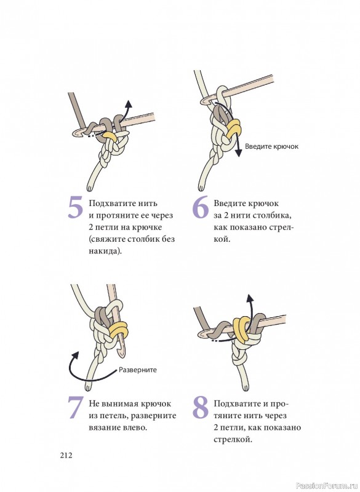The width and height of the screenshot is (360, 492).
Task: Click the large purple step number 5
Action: [x=76, y=207]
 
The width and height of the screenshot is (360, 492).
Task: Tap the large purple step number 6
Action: [x=201, y=207]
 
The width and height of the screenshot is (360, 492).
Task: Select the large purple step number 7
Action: [x=76, y=407]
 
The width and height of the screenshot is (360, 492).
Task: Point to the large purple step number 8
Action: [x=201, y=407]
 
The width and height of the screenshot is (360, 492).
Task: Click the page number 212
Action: [x=66, y=455]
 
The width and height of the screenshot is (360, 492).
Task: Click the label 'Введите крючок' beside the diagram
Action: [x=271, y=146]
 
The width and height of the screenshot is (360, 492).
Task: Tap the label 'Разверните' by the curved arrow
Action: [x=137, y=370]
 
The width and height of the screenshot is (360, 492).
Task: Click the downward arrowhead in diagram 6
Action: [x=239, y=152]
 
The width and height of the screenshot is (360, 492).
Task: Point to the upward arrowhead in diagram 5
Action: [x=128, y=104]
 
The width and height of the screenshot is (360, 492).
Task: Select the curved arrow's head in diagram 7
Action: [x=75, y=355]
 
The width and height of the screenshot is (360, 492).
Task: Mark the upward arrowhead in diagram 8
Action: [x=249, y=299]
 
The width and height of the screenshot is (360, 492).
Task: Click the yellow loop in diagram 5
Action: [x=110, y=135]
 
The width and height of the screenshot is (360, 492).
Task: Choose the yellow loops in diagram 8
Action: [x=241, y=329]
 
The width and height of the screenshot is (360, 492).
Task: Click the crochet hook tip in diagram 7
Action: [x=121, y=355]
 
